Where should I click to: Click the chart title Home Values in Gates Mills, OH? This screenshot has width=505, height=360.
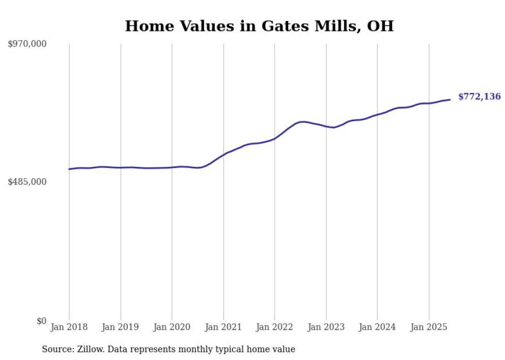tap(259, 26)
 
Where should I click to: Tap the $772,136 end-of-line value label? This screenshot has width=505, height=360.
tap(479, 96)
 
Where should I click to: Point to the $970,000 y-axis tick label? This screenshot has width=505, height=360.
tap(27, 44)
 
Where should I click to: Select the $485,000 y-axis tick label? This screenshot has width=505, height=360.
tap(27, 182)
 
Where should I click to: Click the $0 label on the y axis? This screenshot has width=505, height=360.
tap(42, 321)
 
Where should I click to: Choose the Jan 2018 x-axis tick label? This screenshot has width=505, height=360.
tap(69, 327)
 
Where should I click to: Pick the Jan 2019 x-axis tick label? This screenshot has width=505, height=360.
tap(121, 327)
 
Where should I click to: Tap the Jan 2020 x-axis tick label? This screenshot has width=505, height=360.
tap(172, 327)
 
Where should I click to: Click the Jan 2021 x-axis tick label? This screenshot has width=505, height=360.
tap(223, 327)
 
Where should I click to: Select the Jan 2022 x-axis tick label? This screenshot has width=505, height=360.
tap(274, 327)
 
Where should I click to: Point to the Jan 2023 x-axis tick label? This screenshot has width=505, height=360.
tap(326, 327)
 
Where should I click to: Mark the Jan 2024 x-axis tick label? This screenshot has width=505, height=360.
tap(377, 327)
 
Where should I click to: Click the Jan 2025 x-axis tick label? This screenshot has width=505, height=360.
tap(428, 327)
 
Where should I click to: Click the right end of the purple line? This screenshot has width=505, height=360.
tap(450, 99)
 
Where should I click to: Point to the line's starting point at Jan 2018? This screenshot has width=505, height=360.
tap(70, 169)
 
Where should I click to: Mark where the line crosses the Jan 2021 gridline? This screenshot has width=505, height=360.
tap(223, 154)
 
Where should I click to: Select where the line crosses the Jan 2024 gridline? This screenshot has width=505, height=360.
tap(377, 114)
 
